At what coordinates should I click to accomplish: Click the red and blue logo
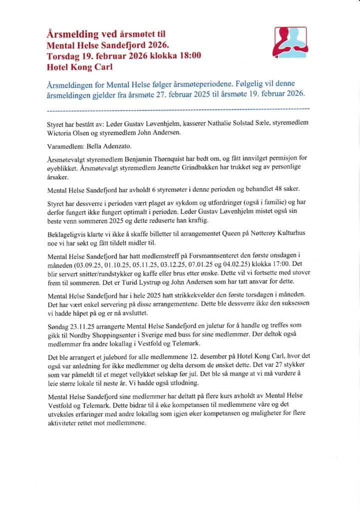[291, 43]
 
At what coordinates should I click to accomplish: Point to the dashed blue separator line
[178, 108]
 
